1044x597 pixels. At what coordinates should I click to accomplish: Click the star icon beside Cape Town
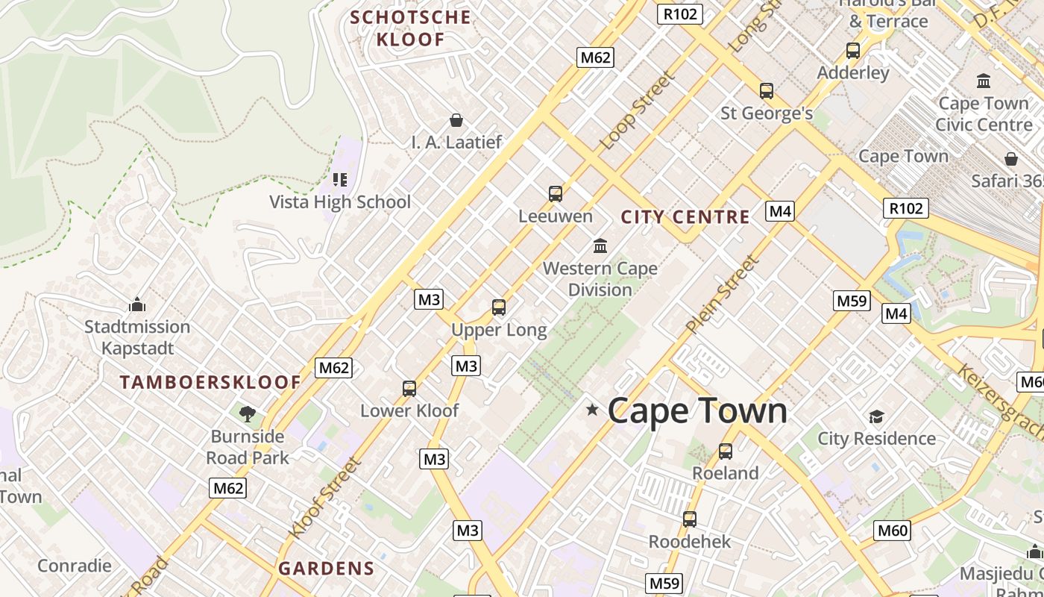(592, 410)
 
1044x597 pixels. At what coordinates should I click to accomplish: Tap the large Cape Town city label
(697, 410)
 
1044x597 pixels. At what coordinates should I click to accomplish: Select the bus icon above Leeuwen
(556, 194)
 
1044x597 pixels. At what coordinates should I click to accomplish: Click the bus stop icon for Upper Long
(499, 307)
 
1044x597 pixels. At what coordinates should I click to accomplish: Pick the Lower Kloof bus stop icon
(409, 389)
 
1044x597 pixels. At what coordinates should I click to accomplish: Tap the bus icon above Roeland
(726, 451)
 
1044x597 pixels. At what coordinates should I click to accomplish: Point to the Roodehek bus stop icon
(690, 519)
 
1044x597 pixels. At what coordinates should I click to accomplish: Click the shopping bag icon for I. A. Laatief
(456, 120)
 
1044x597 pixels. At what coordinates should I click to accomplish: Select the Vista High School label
(340, 202)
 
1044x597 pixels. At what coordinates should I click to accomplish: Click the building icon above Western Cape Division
(600, 246)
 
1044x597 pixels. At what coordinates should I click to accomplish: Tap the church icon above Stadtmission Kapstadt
(137, 304)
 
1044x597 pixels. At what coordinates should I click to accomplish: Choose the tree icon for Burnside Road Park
(247, 413)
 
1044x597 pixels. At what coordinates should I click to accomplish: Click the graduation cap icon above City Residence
(876, 416)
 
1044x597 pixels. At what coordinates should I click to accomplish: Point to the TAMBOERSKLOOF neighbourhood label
(210, 383)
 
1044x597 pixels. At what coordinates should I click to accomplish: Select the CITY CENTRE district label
(685, 217)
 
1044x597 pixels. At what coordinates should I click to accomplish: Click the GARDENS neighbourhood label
(327, 569)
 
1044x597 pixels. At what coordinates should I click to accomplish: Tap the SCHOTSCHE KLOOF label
(411, 28)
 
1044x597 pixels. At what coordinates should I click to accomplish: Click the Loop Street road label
(638, 110)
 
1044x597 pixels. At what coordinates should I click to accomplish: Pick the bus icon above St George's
(767, 92)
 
